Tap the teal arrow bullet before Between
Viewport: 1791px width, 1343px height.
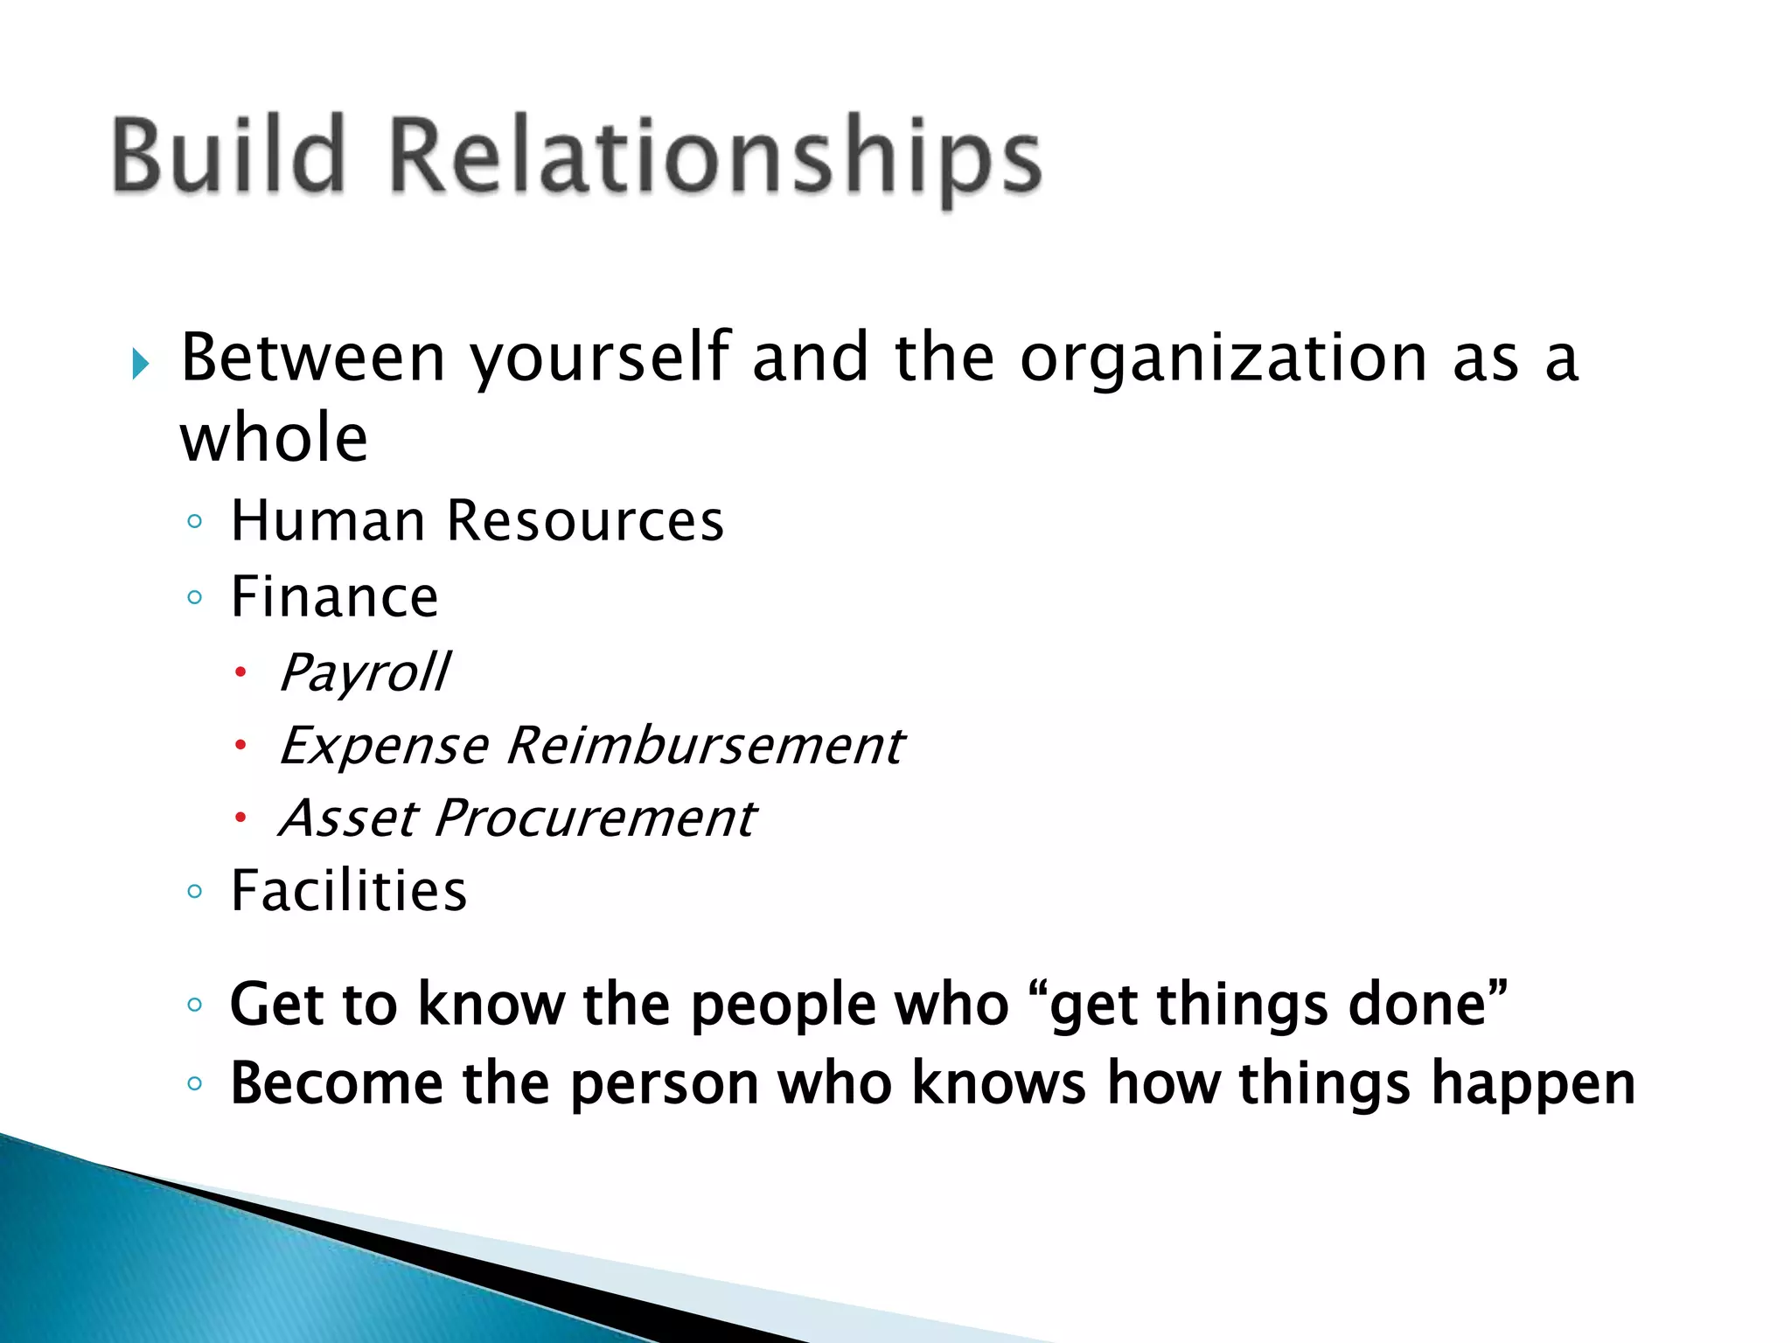click(140, 363)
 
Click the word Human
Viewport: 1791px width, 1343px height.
click(327, 521)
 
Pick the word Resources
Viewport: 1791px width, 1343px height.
click(584, 521)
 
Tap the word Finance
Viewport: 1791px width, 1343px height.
click(334, 597)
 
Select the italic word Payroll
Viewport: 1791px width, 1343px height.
click(365, 673)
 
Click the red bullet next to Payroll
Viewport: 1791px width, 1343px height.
click(240, 672)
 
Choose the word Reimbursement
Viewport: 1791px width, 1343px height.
click(705, 746)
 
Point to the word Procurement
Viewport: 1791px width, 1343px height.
click(595, 818)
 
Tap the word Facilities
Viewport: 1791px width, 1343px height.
click(348, 891)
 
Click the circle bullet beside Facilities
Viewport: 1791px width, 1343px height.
click(194, 892)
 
